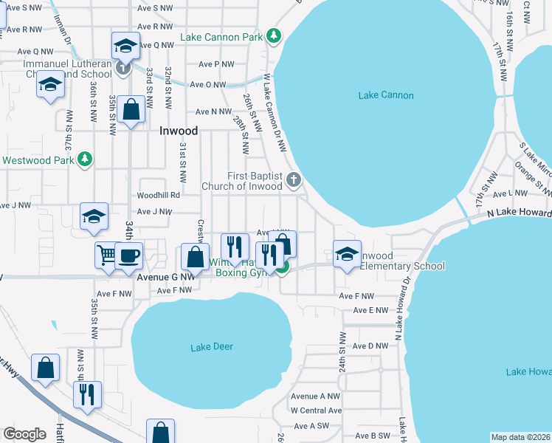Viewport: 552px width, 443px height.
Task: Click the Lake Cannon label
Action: (385, 95)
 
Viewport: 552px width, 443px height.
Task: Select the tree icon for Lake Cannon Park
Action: (274, 35)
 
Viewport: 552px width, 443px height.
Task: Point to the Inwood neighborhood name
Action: (179, 131)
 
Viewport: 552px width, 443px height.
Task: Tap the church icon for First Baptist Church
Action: (294, 179)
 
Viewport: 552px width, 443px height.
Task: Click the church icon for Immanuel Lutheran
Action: (123, 68)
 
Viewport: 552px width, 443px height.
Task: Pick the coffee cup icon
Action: (129, 255)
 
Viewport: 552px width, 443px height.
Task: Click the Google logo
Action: (24, 434)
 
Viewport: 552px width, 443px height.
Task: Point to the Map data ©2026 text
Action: (520, 437)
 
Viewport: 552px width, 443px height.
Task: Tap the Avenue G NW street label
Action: (166, 278)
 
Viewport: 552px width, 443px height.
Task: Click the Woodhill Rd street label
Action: (158, 196)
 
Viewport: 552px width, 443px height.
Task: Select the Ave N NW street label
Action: (213, 112)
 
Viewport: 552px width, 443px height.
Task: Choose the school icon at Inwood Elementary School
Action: (346, 253)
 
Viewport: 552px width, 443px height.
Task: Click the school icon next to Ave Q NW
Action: (125, 45)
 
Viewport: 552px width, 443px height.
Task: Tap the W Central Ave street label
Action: (315, 411)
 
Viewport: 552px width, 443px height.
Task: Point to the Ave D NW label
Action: (370, 346)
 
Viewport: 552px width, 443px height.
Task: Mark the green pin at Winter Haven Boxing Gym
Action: (283, 267)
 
